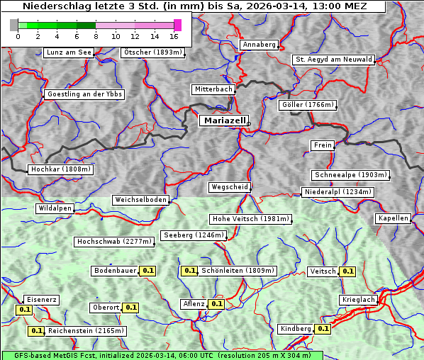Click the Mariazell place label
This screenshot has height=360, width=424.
click(x=223, y=121)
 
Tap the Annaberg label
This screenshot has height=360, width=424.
click(x=259, y=45)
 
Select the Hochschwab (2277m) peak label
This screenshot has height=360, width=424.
click(x=114, y=242)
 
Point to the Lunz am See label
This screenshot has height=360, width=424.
click(x=69, y=52)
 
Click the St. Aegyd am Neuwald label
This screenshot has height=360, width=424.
click(x=333, y=60)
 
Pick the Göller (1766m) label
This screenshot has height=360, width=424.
click(x=307, y=105)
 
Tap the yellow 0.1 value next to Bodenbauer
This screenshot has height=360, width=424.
click(x=147, y=271)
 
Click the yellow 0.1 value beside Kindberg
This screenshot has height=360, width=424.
click(x=323, y=329)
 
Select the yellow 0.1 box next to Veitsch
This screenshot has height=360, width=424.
click(x=347, y=271)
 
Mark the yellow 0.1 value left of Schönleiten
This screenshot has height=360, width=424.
click(x=189, y=271)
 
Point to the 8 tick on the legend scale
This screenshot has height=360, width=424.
click(x=96, y=36)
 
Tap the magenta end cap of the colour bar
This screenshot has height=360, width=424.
click(x=178, y=25)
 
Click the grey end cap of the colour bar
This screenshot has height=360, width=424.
click(x=13, y=25)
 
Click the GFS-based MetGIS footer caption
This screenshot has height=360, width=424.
click(x=156, y=355)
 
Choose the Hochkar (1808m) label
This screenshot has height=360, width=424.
click(x=61, y=169)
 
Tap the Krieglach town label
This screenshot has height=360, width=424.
click(x=358, y=300)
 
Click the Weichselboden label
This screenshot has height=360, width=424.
click(x=141, y=200)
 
